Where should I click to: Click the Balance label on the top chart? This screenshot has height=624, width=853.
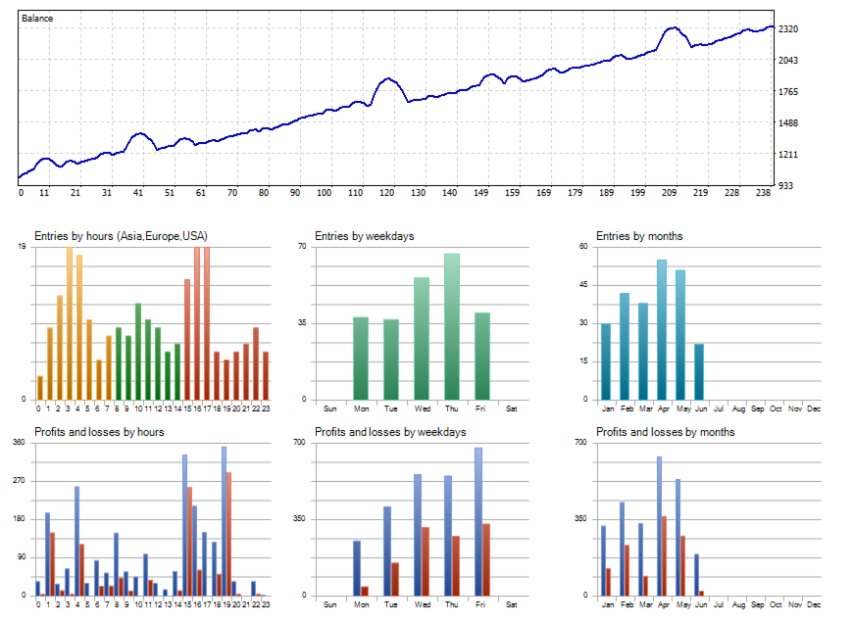(38, 18)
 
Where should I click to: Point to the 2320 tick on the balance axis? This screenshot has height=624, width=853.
(788, 29)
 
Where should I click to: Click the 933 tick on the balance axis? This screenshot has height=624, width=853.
(785, 185)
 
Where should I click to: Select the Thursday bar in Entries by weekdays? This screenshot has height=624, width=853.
(452, 326)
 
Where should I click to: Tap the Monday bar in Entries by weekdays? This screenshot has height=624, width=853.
(360, 358)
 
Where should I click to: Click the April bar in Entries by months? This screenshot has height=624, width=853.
(662, 329)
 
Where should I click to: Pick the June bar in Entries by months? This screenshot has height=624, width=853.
(699, 371)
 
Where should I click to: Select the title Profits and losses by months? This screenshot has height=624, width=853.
(665, 432)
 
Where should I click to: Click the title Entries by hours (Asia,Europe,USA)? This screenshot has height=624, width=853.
(121, 236)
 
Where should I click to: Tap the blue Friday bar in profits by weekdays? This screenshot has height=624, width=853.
(478, 521)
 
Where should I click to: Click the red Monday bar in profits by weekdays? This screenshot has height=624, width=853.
(365, 590)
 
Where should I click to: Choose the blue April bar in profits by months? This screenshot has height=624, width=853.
(659, 525)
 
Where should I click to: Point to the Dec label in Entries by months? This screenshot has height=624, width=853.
(813, 408)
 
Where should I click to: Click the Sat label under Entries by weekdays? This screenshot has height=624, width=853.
(512, 408)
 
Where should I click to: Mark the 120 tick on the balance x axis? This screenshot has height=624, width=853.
(387, 193)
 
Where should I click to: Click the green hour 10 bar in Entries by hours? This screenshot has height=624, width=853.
(138, 351)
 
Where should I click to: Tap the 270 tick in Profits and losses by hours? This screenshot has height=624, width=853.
(19, 481)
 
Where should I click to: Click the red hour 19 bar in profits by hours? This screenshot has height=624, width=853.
(229, 534)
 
